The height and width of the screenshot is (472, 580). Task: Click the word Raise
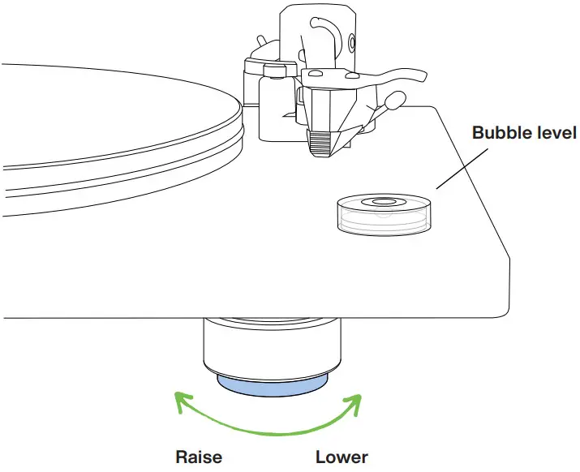coord(199,457)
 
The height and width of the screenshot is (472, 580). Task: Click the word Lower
coord(342,457)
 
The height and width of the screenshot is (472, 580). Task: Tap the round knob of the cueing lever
coord(396,100)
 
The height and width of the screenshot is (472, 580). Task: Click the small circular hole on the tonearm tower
coord(351,41)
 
